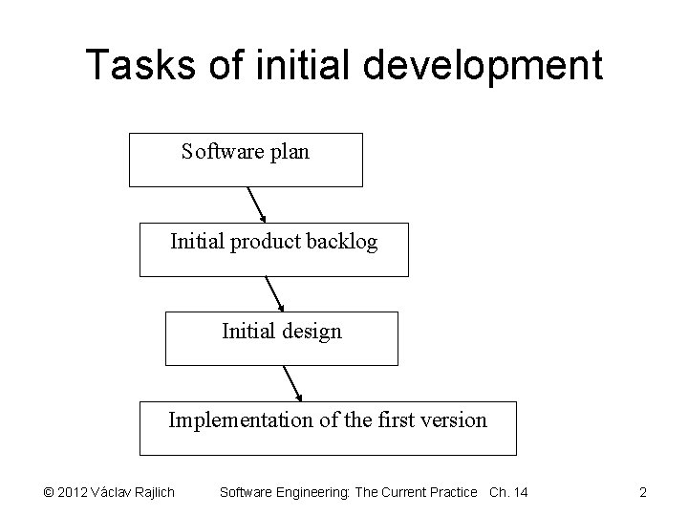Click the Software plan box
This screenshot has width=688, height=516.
click(246, 160)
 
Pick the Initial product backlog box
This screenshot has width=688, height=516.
click(273, 250)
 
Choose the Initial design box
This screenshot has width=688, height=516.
click(281, 339)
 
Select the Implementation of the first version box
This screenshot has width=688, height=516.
click(328, 428)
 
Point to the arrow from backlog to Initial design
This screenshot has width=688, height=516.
click(274, 294)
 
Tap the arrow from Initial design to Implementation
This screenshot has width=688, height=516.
click(291, 383)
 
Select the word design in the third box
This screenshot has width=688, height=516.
click(309, 332)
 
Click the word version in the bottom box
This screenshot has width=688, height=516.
click(453, 419)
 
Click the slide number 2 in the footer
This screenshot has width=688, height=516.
click(643, 492)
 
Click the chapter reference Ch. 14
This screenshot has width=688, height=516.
click(507, 492)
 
